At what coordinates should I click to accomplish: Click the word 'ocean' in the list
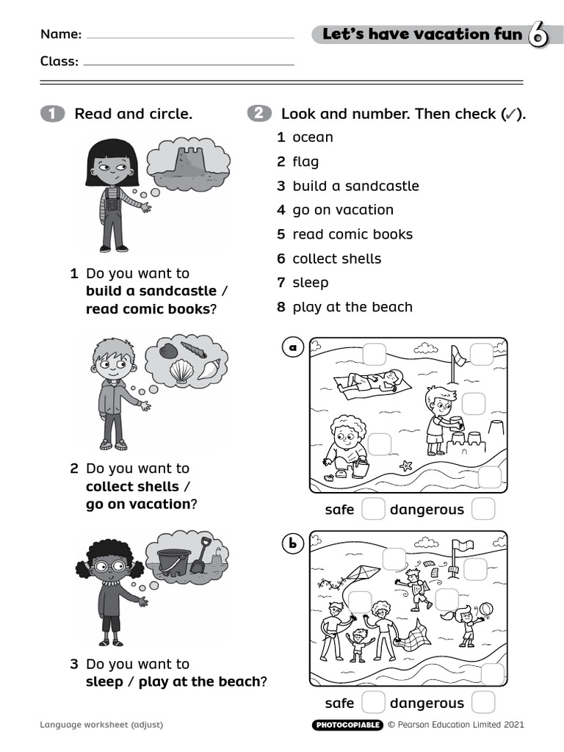[312, 137]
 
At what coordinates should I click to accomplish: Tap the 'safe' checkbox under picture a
[373, 509]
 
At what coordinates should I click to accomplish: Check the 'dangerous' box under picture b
[482, 703]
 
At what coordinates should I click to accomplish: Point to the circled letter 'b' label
[293, 543]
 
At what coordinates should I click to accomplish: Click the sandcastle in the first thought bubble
[189, 162]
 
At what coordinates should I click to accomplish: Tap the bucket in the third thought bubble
[173, 561]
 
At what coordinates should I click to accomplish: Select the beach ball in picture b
[485, 610]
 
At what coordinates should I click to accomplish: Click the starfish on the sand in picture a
[405, 466]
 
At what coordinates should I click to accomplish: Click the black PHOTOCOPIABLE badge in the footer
[347, 725]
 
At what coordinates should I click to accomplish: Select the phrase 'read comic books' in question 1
[148, 309]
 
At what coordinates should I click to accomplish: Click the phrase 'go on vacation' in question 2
[138, 505]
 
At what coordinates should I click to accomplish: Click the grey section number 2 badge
[258, 114]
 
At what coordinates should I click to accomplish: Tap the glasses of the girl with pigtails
[109, 566]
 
